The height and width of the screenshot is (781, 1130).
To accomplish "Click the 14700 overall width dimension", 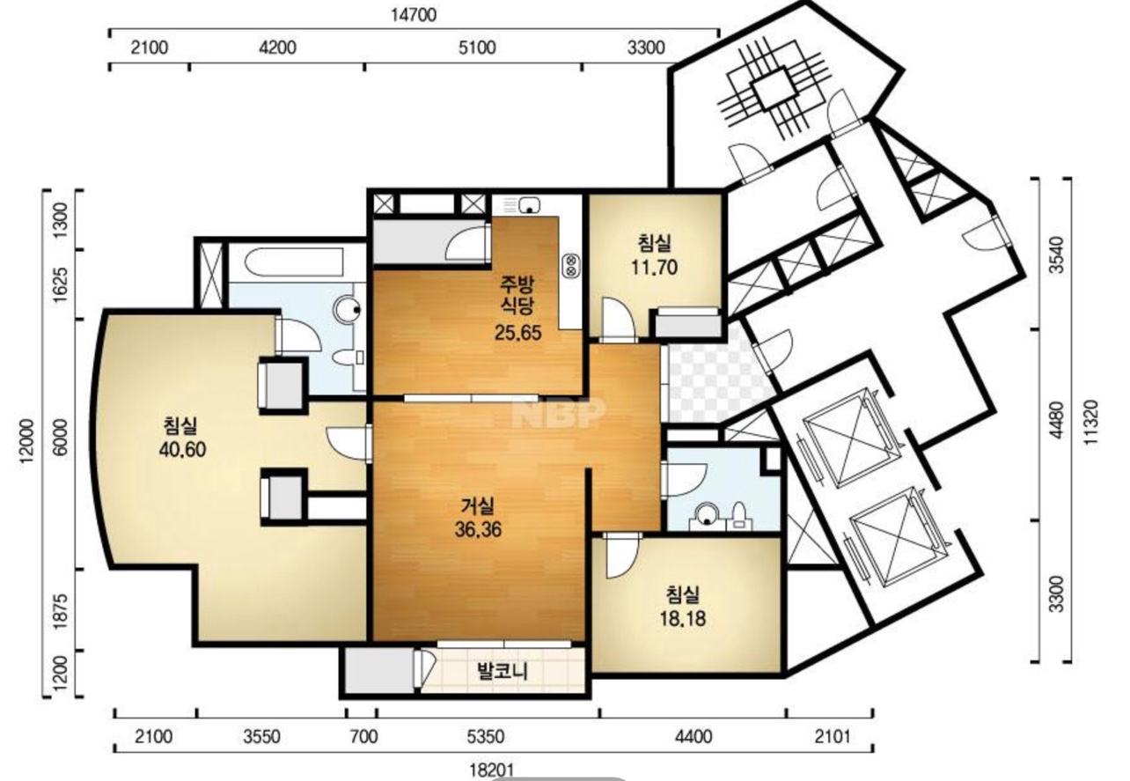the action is [x=413, y=15].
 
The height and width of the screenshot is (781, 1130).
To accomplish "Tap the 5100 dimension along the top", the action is [x=477, y=48].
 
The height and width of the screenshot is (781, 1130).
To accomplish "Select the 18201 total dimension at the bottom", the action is [x=492, y=770].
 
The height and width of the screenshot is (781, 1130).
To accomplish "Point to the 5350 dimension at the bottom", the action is [x=485, y=737].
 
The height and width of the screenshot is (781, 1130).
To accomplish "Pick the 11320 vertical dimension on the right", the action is [x=1090, y=422].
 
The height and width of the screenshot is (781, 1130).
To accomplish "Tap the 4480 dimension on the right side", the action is [x=1056, y=420].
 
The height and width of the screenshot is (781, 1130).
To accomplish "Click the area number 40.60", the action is [x=182, y=449].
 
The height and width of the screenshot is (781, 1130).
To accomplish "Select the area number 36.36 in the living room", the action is [x=478, y=529].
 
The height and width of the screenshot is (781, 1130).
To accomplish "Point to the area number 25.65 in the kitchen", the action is [x=517, y=333].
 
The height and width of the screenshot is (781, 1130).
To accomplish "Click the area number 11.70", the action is [x=654, y=267].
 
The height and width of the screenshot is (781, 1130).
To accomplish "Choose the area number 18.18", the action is [x=683, y=618].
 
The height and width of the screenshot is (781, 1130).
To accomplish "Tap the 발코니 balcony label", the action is [x=502, y=672].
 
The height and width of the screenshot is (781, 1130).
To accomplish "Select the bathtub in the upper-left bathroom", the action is [x=294, y=262].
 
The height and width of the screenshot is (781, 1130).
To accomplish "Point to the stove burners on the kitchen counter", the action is [x=571, y=266].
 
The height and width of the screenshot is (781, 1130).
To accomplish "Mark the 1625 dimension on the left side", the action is [x=60, y=284].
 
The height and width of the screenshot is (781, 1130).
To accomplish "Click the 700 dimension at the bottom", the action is [x=363, y=737].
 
